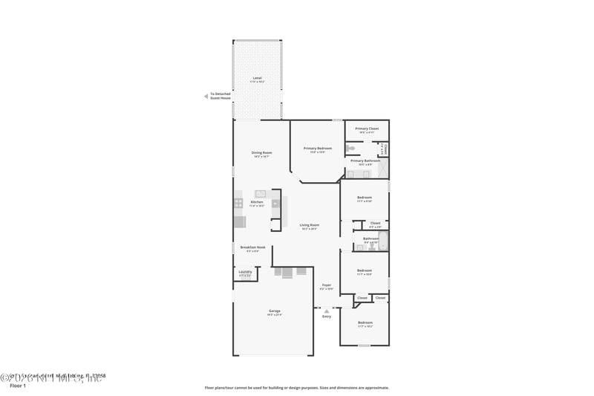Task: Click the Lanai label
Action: pyautogui.click(x=257, y=78)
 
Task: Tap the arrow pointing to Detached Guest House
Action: pyautogui.click(x=206, y=96)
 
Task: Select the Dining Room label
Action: pyautogui.click(x=261, y=153)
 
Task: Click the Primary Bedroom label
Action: pyautogui.click(x=318, y=149)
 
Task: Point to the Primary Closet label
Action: pyautogui.click(x=366, y=129)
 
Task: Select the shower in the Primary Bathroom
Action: pyautogui.click(x=382, y=172)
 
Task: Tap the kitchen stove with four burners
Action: pyautogui.click(x=239, y=202)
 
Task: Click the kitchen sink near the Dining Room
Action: pyautogui.click(x=261, y=194)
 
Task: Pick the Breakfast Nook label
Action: pyautogui.click(x=252, y=247)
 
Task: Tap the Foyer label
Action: pyautogui.click(x=327, y=285)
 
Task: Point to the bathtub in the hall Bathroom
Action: pyautogui.click(x=383, y=241)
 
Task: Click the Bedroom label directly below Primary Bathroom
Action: pyautogui.click(x=364, y=198)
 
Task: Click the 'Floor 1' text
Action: pyautogui.click(x=17, y=386)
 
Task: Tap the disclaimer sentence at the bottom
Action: pyautogui.click(x=296, y=387)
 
